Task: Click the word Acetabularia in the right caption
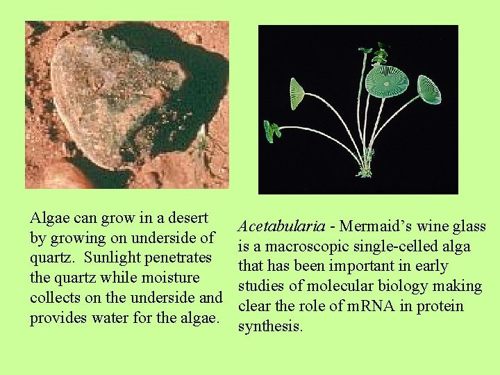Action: (x=281, y=226)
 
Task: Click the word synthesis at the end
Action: (x=270, y=326)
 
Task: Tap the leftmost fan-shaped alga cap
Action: (x=297, y=93)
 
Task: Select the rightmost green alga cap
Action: (x=428, y=90)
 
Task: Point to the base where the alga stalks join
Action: (x=363, y=170)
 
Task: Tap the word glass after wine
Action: (x=469, y=226)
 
